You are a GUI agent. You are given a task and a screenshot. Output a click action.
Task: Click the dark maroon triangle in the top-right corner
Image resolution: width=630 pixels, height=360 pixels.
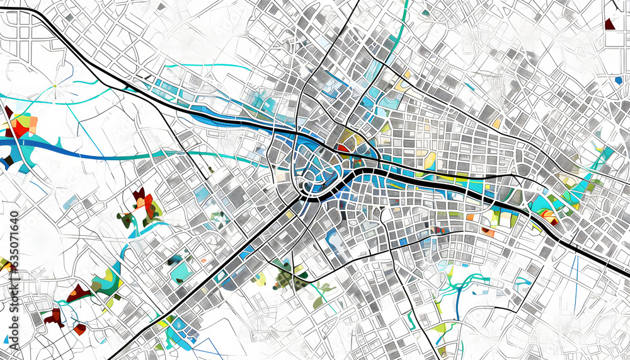(x=609, y=25)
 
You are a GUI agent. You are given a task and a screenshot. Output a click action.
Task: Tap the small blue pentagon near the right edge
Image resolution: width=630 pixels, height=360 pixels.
(x=618, y=80)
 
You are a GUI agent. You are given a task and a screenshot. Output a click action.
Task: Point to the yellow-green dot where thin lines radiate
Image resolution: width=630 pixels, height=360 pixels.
(x=55, y=86)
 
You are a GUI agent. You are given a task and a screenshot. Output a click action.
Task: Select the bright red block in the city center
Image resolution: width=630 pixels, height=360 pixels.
(x=342, y=148)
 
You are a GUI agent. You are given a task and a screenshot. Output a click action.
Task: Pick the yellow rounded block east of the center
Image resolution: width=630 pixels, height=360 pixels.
(x=430, y=160)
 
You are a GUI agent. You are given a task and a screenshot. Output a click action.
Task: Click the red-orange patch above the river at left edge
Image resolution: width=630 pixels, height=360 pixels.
(x=21, y=125)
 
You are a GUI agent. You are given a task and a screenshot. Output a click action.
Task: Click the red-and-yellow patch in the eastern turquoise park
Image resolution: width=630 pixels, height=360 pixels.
(x=549, y=218)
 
